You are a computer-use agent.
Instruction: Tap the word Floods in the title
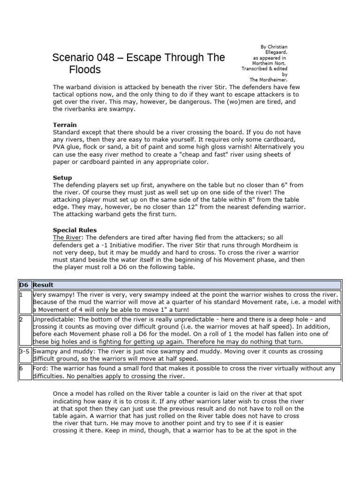click(x=85, y=70)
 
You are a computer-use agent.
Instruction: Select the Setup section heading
click(x=62, y=178)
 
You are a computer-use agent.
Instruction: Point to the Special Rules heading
click(x=75, y=230)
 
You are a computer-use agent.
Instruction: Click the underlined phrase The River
click(x=66, y=238)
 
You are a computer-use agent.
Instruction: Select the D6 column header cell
click(x=24, y=285)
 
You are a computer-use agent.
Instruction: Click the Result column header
click(x=43, y=285)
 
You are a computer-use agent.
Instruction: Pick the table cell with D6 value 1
click(x=24, y=302)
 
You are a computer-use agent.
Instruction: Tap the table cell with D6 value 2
click(x=24, y=330)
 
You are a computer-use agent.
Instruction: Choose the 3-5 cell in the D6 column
click(x=24, y=355)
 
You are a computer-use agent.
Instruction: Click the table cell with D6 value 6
click(x=24, y=373)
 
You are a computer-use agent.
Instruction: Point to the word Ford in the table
click(x=40, y=369)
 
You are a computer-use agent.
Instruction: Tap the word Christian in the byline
click(x=277, y=47)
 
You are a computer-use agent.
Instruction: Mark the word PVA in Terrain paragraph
click(x=60, y=147)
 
